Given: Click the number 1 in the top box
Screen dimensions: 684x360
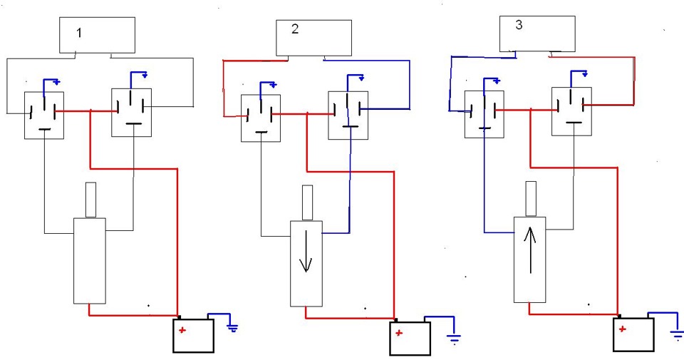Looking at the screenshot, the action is point(79,33).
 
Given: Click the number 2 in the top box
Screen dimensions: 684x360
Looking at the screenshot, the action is point(295,29).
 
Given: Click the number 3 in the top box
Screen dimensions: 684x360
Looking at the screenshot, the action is point(519,25).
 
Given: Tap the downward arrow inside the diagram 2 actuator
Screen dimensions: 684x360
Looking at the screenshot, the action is point(306,251).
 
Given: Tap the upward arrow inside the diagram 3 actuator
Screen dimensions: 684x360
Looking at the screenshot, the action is point(530,250).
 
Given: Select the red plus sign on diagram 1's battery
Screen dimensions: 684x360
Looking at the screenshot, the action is point(182,330).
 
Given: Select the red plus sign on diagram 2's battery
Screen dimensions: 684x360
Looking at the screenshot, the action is point(398,334).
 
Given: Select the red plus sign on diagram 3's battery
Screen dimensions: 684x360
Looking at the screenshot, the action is point(622,329).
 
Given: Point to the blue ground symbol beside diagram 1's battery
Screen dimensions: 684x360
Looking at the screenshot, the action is point(233,328).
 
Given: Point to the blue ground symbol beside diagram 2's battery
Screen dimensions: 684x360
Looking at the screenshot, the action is point(454,339).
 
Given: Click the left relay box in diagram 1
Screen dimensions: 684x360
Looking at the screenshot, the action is point(44,115).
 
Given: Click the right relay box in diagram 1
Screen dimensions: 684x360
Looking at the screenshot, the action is point(132,113).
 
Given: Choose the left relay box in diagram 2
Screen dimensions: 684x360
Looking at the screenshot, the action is point(261,118).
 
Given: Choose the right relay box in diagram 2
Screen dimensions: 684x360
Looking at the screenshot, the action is point(348,115).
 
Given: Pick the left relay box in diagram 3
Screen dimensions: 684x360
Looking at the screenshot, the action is point(484,114).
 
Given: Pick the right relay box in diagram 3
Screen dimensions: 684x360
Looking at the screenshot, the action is point(571,111).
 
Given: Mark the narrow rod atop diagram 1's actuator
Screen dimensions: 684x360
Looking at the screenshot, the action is point(90,200).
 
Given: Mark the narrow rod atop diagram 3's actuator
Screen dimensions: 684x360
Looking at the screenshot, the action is point(531,198).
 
